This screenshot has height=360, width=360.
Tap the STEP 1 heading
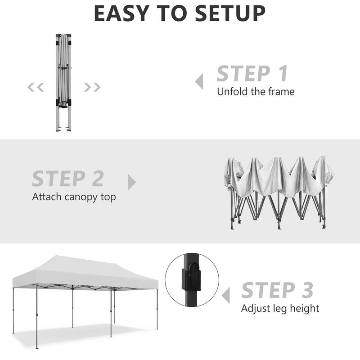tap(252, 74)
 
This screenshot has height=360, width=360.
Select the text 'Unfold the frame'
tap(256, 92)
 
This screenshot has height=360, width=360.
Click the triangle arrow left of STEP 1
tap(199, 82)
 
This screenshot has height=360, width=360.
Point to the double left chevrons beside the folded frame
tap(36, 87)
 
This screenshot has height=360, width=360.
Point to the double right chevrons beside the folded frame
tap(92, 87)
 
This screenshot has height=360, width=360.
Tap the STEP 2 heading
tap(68, 179)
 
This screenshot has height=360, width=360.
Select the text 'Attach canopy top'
tap(74, 197)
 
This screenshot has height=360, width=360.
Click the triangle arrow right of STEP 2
tap(131, 182)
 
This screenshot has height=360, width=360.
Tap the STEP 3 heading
tap(277, 290)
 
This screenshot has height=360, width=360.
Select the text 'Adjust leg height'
tap(280, 309)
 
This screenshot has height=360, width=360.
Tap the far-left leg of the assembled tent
tap(13, 310)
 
